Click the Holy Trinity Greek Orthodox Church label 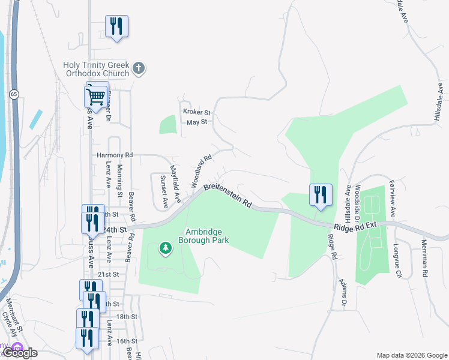coord(96,69)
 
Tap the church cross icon coord(139,68)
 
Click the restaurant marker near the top coord(116,26)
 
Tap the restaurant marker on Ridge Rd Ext coord(321,194)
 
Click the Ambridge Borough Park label coord(207,236)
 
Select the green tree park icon coord(164,247)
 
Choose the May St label coord(196,122)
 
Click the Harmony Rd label coord(114,155)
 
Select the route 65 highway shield coord(13,94)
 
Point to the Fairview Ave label coord(393,198)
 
